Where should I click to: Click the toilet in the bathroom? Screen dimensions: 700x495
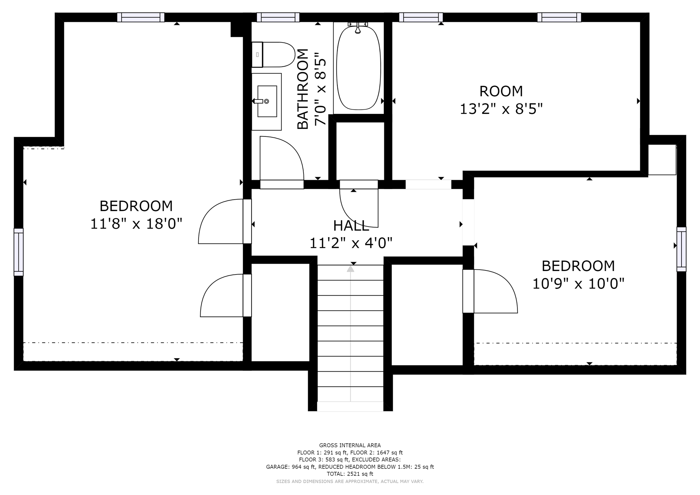(273, 55)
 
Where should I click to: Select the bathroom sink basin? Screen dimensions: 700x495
(267, 101)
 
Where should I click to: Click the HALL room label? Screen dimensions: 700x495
(351, 226)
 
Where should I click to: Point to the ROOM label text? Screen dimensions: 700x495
(501, 91)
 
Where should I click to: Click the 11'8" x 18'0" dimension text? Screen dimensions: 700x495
(136, 224)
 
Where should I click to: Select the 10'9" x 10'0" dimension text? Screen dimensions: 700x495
(578, 284)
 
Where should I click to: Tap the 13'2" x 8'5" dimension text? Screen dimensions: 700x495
(501, 109)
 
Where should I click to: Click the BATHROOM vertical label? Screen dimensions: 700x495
(303, 89)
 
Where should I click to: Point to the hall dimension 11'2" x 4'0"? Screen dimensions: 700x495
(351, 243)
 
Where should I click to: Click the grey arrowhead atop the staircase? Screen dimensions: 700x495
(350, 269)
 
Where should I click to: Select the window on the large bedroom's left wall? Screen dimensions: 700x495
(18, 252)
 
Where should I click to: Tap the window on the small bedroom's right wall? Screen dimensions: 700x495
(681, 249)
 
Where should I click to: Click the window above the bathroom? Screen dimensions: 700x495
(278, 17)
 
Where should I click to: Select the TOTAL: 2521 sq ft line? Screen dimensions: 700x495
(350, 474)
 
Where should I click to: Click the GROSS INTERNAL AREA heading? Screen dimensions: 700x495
(350, 445)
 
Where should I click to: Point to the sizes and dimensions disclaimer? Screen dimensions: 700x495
(350, 481)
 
